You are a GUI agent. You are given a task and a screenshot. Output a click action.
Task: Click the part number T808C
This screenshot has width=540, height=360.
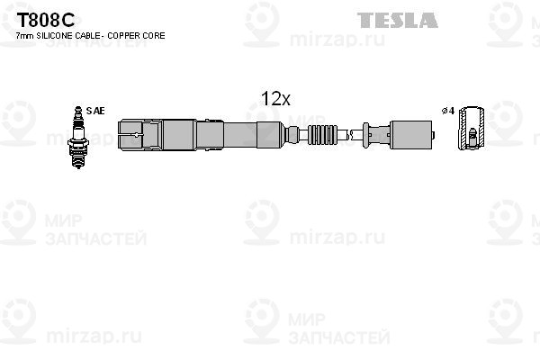pyautogui.click(x=46, y=21)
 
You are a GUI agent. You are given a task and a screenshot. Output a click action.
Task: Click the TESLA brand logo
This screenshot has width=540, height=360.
pyautogui.click(x=398, y=21)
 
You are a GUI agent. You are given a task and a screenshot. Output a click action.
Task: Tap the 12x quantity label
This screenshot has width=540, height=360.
pyautogui.click(x=276, y=99)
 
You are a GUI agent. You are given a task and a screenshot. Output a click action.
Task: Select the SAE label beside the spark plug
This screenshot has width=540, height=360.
pyautogui.click(x=95, y=111)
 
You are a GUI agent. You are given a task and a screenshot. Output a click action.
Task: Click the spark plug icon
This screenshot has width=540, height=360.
pyautogui.click(x=78, y=137)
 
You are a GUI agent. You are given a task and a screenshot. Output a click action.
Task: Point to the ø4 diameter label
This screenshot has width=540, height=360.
pyautogui.click(x=448, y=111)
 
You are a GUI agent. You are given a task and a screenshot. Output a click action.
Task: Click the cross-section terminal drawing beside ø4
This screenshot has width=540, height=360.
pyautogui.click(x=472, y=128)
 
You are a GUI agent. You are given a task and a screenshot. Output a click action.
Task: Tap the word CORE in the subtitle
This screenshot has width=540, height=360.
pyautogui.click(x=153, y=36)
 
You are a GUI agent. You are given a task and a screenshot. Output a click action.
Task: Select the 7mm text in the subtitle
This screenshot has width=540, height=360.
pyautogui.click(x=25, y=36)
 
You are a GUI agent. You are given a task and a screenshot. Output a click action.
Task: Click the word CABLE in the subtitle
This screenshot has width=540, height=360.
pyautogui.click(x=86, y=36)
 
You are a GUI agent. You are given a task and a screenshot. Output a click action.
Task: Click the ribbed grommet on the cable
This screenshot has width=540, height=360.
pyautogui.click(x=321, y=135)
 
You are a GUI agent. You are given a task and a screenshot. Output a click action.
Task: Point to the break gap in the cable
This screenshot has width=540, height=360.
pyautogui.click(x=349, y=135)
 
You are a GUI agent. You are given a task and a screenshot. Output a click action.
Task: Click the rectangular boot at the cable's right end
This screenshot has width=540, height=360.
pyautogui.click(x=411, y=135)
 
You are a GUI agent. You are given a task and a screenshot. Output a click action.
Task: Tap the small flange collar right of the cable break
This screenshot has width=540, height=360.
pyautogui.click(x=365, y=135)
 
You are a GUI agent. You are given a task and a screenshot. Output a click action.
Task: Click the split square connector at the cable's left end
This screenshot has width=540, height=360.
pyautogui.click(x=130, y=134)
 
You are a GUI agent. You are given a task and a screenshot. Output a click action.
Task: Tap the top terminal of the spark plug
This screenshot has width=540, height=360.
pyautogui.click(x=78, y=110)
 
